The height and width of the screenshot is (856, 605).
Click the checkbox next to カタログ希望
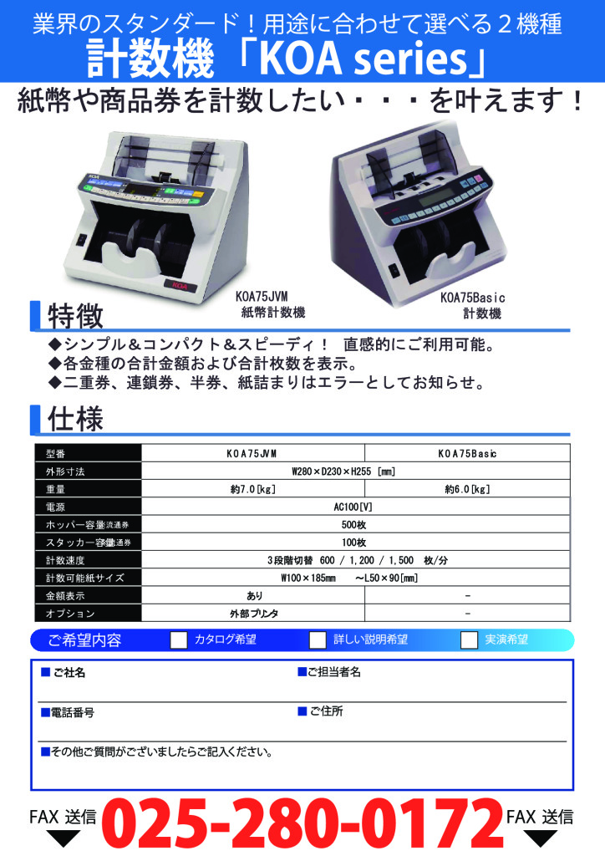(x=178, y=639)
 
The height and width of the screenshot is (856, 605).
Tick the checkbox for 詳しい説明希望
(x=318, y=639)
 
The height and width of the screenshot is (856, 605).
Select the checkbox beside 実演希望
(x=469, y=639)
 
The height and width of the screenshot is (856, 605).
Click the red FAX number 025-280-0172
(x=302, y=823)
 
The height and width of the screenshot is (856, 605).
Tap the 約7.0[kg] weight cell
(x=252, y=489)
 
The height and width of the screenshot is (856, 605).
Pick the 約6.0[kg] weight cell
(x=467, y=489)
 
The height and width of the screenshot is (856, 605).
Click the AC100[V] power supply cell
(x=353, y=507)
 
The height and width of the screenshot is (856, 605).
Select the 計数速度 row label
(x=65, y=560)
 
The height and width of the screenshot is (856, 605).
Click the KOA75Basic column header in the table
(x=467, y=454)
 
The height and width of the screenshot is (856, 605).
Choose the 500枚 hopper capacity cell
(x=353, y=525)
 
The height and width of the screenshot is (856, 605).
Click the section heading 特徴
(x=75, y=316)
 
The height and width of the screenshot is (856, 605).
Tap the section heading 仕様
(x=75, y=420)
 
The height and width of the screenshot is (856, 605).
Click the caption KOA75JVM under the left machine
(x=262, y=297)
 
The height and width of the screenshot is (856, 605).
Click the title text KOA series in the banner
(x=365, y=59)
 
